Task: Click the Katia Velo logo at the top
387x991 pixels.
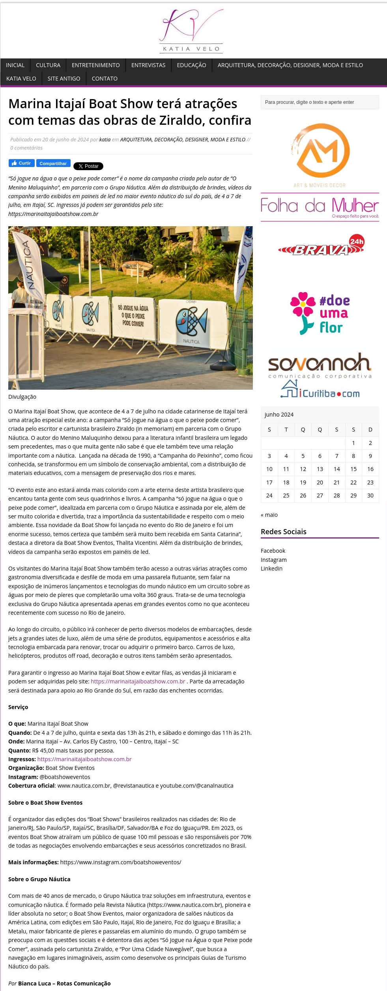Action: [192, 31]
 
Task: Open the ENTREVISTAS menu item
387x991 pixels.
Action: [148, 65]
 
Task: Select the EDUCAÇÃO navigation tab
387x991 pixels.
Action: [191, 65]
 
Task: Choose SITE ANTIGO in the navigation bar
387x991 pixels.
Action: [64, 79]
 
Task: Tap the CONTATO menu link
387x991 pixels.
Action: [105, 79]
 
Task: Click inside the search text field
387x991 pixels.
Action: [320, 102]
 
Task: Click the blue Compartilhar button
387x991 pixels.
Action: [53, 163]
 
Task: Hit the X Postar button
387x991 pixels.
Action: [88, 166]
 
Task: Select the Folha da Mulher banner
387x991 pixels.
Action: [320, 207]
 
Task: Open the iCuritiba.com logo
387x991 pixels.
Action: [320, 390]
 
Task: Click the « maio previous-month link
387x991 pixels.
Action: [269, 515]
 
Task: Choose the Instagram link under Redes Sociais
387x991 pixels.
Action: [273, 560]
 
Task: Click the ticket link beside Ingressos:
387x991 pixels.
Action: [84, 759]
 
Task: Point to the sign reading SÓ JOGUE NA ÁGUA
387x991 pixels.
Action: [133, 315]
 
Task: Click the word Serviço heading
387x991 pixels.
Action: [18, 707]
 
